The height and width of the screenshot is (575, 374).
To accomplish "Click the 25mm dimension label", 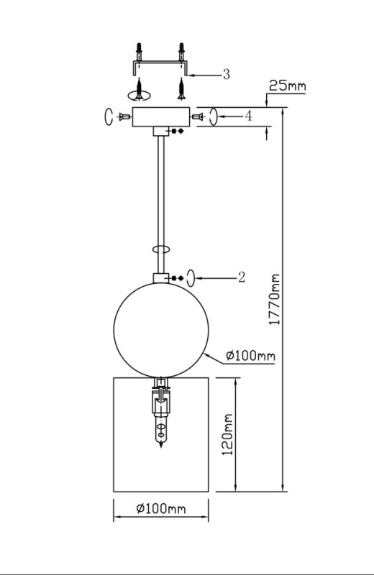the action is (288, 86).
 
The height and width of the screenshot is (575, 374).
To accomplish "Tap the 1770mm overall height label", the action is (275, 299).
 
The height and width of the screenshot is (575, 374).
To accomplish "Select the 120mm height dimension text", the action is (228, 435).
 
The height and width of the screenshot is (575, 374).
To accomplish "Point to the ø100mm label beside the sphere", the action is (250, 355).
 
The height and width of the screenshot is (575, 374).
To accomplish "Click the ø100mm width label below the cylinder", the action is (161, 508).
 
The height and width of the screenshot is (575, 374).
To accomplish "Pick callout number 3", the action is (227, 75).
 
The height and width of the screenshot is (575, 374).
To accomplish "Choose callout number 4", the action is (248, 116).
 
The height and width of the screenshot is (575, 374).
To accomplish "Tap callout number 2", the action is (242, 277).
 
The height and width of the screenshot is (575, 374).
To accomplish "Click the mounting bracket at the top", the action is (161, 66).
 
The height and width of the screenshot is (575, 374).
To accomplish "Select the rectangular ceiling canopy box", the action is (161, 116).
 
